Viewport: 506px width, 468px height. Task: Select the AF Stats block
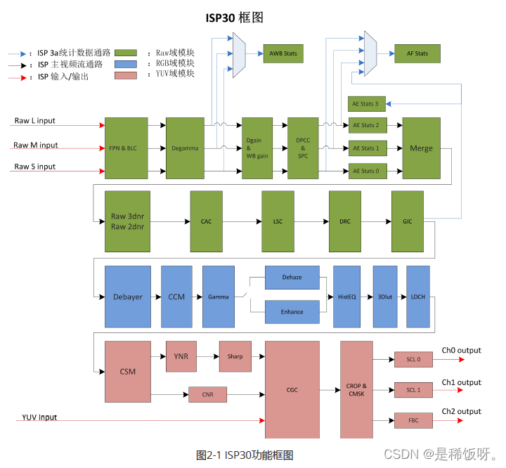[416, 53]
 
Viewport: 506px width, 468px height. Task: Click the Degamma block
[185, 148]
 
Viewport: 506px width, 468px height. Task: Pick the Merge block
[421, 148]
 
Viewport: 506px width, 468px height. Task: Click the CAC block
[206, 221]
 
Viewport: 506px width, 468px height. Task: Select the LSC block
[277, 221]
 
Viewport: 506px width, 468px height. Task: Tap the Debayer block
[128, 297]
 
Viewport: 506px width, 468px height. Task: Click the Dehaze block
[292, 278]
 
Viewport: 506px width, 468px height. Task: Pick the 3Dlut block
[385, 297]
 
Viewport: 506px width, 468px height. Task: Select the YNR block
[181, 356]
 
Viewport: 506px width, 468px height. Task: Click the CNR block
[207, 394]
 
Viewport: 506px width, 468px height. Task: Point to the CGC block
[292, 390]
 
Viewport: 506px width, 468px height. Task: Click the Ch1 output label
[461, 382]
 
